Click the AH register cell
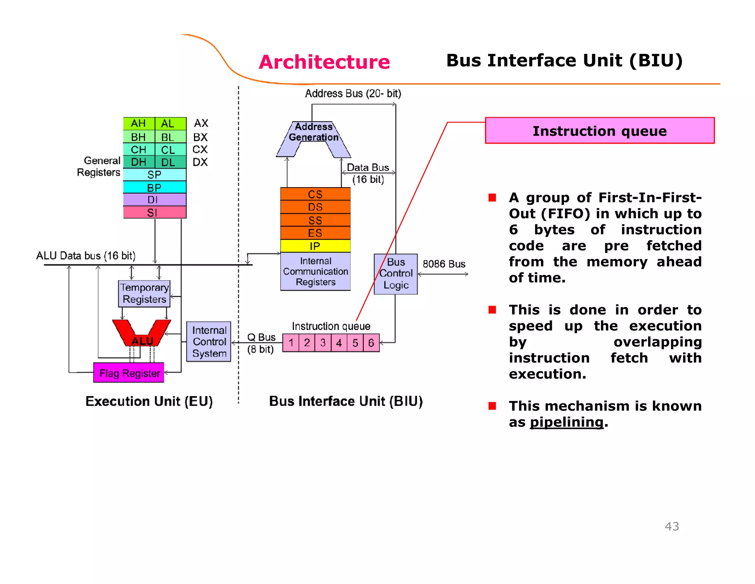coord(139,123)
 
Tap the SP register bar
coord(154,174)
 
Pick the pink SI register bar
coord(154,212)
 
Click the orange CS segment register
coord(315,194)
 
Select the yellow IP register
coord(315,246)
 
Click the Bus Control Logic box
coord(396,274)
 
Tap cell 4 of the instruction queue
coord(339,343)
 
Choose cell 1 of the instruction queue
coord(291,343)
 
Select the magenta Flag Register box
coord(129,373)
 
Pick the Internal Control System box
coord(209,342)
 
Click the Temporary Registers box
coord(144,293)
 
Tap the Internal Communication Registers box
coord(315,272)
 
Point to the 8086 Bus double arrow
coord(443,274)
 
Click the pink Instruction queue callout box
coord(599,131)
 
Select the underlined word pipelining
coord(567,422)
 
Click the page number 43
coord(672,526)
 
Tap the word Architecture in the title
coord(324,62)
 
